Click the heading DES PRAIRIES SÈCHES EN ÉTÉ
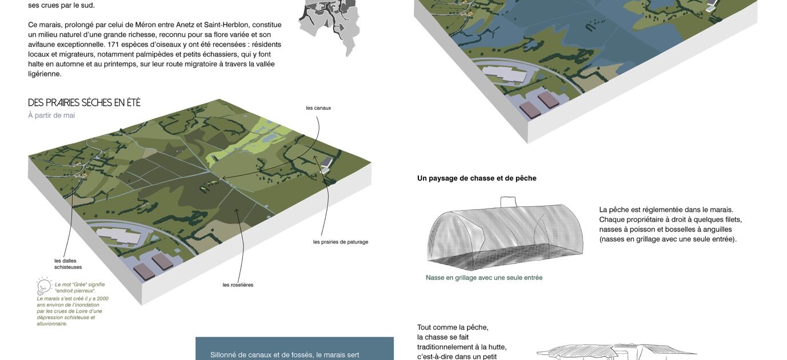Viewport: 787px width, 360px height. [x=84, y=102]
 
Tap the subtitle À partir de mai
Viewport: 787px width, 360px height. [x=51, y=115]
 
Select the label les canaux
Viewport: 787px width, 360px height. [x=318, y=108]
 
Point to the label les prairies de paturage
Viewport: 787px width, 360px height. [x=341, y=242]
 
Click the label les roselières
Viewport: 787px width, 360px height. [x=238, y=285]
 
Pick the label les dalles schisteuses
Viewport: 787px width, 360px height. [x=68, y=264]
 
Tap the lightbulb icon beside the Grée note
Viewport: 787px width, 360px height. [x=44, y=286]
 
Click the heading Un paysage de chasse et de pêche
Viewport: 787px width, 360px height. [x=477, y=178]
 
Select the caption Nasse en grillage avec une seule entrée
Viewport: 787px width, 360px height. [x=484, y=278]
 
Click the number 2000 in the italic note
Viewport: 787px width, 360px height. [x=103, y=298]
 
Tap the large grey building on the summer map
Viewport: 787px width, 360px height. [x=119, y=235]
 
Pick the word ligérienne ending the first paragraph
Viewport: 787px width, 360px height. [x=44, y=74]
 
